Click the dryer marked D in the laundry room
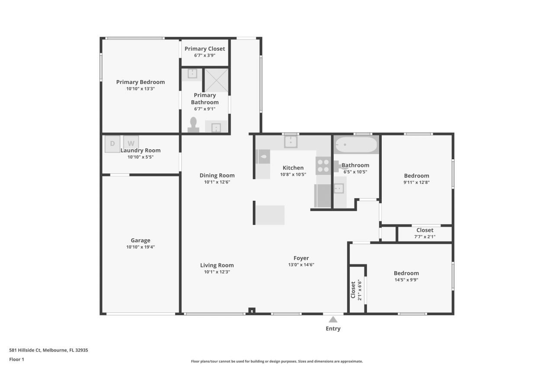click(112, 144)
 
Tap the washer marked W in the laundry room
click(131, 143)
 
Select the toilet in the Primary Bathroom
click(193, 125)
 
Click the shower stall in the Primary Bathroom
click(216, 80)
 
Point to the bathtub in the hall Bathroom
click(357, 145)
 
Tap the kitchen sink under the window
click(291, 142)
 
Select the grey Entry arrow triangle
click(333, 320)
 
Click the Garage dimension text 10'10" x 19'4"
click(141, 247)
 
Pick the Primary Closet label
click(205, 49)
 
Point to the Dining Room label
click(217, 175)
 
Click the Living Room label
click(217, 265)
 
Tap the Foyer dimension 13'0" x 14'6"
click(301, 265)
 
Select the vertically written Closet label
click(353, 289)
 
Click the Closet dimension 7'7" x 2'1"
click(425, 237)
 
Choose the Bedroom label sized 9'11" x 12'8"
click(416, 176)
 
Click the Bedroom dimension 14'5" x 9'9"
click(406, 279)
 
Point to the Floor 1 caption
click(16, 359)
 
